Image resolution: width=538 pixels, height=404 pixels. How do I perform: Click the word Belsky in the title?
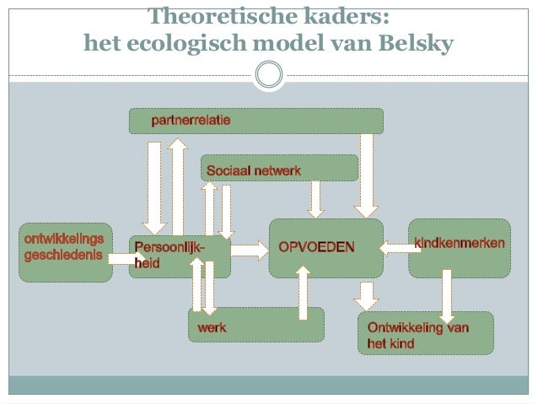418,41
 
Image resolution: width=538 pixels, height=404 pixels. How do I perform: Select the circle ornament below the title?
269,75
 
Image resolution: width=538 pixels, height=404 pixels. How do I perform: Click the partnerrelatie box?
256,121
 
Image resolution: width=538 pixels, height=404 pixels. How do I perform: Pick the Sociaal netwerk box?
279,168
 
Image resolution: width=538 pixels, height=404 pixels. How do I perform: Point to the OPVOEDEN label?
317,247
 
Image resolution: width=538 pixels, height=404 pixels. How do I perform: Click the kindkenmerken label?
460,244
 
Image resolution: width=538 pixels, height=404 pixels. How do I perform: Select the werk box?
256,325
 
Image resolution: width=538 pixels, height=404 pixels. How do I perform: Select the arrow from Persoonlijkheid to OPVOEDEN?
248,249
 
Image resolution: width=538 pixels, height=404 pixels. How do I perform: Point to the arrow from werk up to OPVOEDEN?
304,293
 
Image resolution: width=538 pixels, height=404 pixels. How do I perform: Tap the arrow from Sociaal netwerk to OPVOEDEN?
316,199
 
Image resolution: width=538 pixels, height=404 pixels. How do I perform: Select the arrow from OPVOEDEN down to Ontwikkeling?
365,295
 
